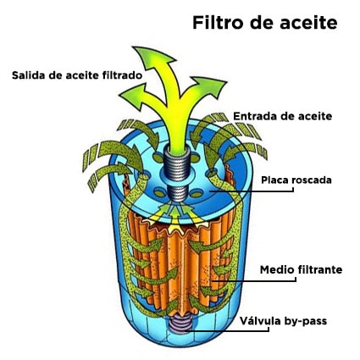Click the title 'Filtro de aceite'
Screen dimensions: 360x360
click(x=265, y=22)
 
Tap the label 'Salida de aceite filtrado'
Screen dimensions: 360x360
click(x=77, y=75)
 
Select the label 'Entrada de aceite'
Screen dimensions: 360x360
click(x=283, y=116)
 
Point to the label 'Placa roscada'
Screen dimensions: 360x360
click(x=296, y=180)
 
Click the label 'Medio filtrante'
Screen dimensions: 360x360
click(x=301, y=269)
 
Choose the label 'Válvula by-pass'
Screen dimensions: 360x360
click(x=283, y=321)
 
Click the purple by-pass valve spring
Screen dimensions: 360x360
click(x=180, y=324)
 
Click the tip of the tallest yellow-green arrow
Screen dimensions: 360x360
click(x=133, y=47)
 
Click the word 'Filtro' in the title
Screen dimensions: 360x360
click(x=218, y=22)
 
